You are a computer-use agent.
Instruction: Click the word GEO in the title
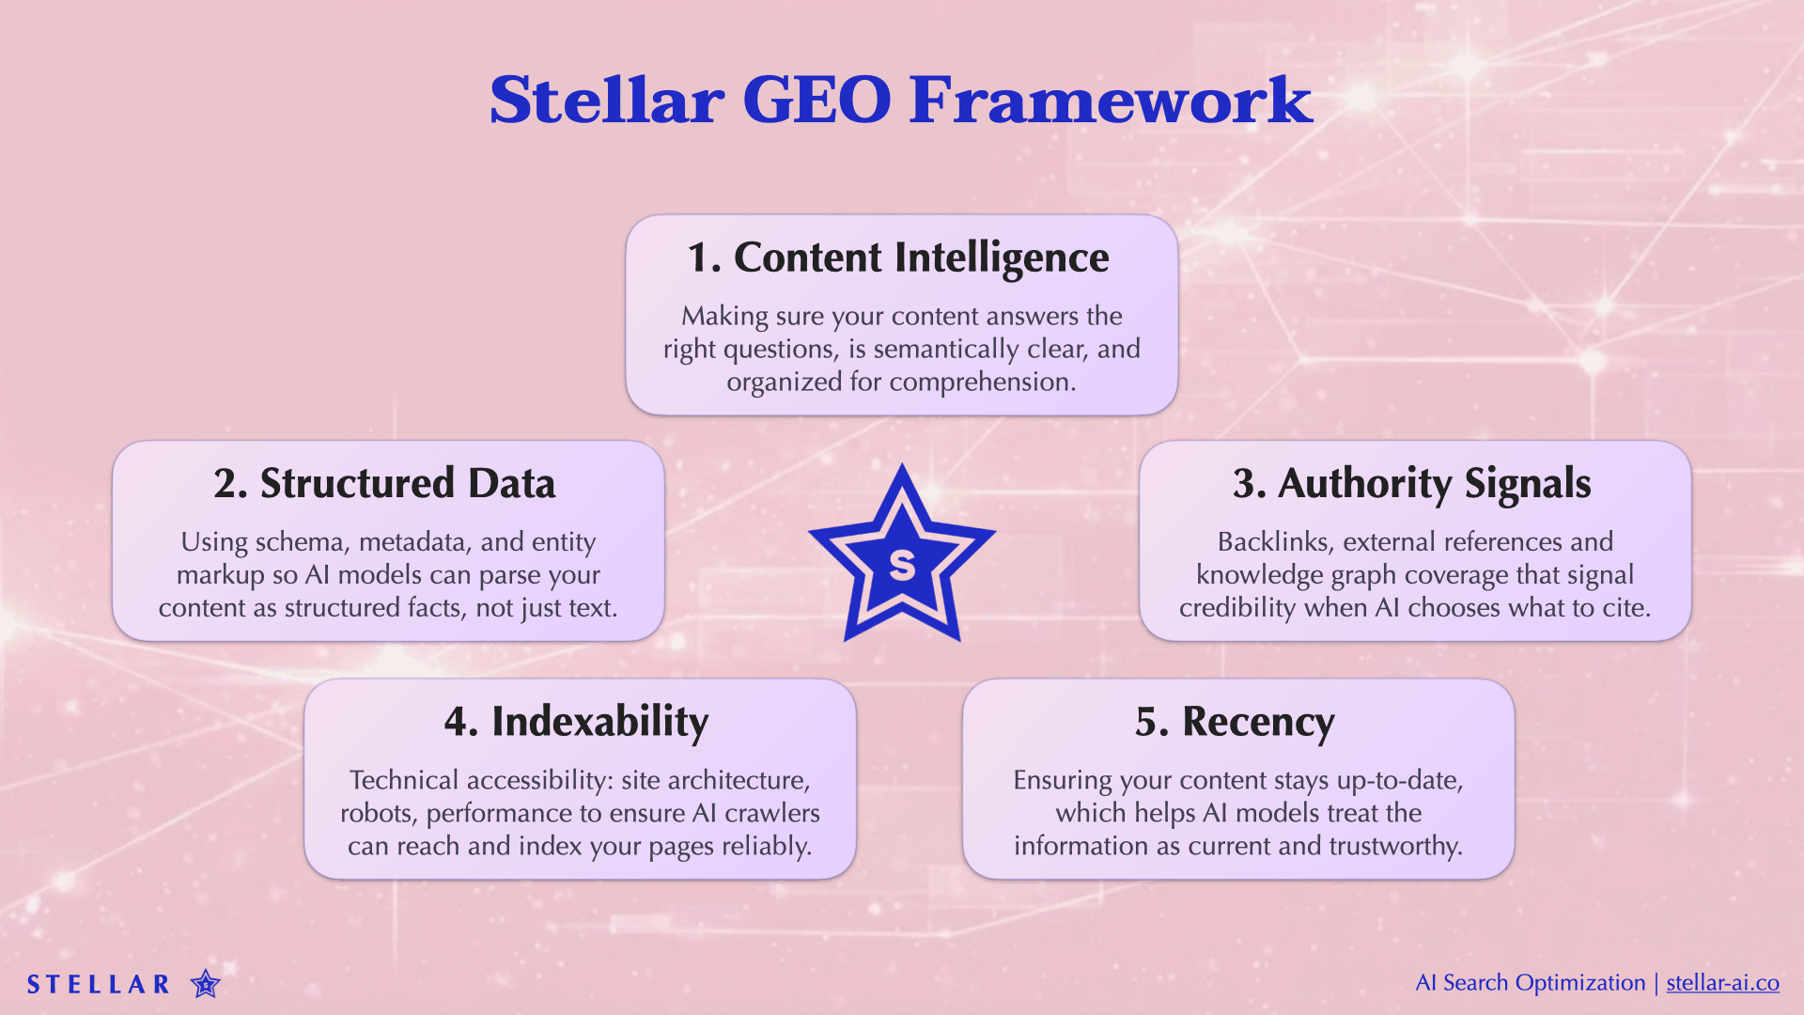tap(816, 100)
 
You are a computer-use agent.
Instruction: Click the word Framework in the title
tap(1110, 100)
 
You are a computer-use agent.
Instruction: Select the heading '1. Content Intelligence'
tap(898, 258)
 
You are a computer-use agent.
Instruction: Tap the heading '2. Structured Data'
tap(384, 483)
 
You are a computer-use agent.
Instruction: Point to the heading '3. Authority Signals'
tap(1411, 483)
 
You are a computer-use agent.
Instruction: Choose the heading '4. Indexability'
tap(576, 722)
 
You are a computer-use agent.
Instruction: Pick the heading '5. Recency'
tap(1235, 722)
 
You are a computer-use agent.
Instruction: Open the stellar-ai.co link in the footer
tap(1722, 983)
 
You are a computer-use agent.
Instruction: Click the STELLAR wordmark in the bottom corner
tap(99, 984)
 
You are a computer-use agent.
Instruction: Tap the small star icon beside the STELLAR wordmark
tap(205, 984)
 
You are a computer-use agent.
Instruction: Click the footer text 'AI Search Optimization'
tap(1530, 983)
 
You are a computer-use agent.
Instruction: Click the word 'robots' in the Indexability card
tap(378, 813)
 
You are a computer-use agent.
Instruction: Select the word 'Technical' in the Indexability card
tap(404, 780)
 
